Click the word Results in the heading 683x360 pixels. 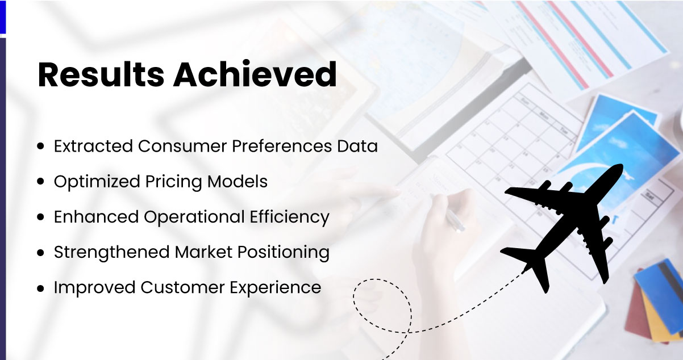tap(101, 75)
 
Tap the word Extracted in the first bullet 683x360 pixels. tap(93, 146)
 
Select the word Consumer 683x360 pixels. tap(182, 146)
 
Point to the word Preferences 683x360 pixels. tap(282, 146)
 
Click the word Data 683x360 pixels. tap(357, 146)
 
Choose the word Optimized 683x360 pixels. tap(97, 182)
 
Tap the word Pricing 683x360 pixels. tap(173, 182)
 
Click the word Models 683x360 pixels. tap(237, 181)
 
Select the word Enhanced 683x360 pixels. tap(97, 217)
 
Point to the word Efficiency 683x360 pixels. tap(290, 217)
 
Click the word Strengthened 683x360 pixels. tap(111, 253)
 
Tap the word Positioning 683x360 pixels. tap(284, 253)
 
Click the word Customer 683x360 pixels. tap(182, 287)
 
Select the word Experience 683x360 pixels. tap(276, 288)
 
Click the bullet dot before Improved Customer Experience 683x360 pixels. tap(40, 288)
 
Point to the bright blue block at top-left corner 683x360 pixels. tap(3, 17)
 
